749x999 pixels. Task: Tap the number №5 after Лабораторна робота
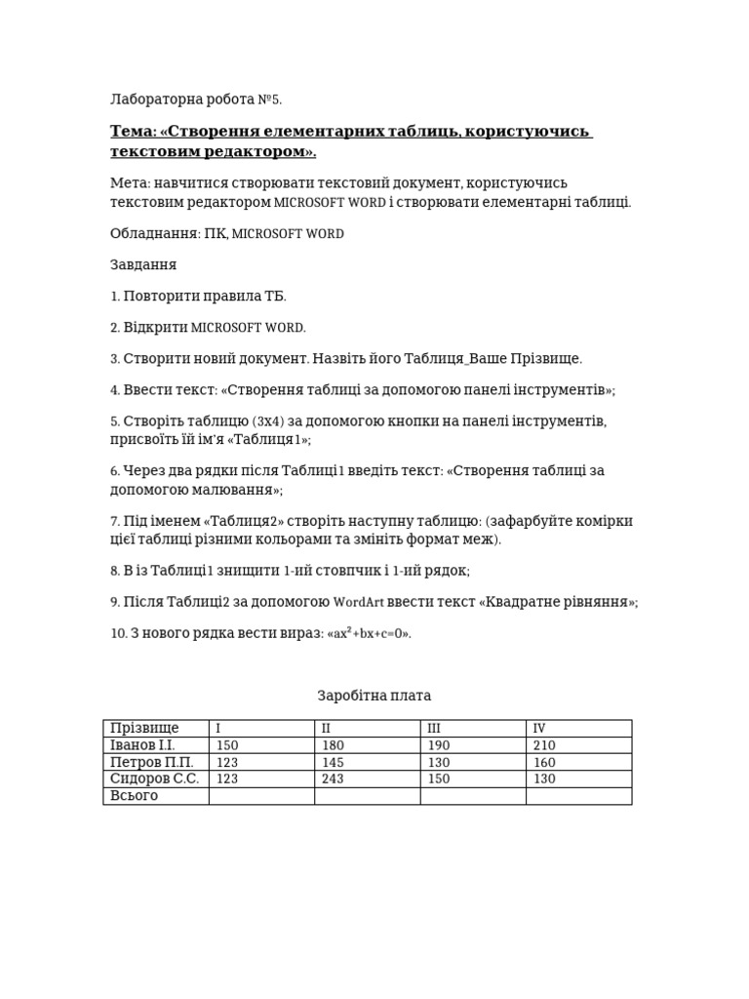pyautogui.click(x=269, y=100)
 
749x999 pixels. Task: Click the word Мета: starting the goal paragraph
pyautogui.click(x=130, y=183)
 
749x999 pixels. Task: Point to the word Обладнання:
pyautogui.click(x=155, y=234)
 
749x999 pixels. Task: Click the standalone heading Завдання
pyautogui.click(x=143, y=265)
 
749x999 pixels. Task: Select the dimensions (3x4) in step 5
pyautogui.click(x=269, y=421)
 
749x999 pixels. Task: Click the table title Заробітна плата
pyautogui.click(x=374, y=696)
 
